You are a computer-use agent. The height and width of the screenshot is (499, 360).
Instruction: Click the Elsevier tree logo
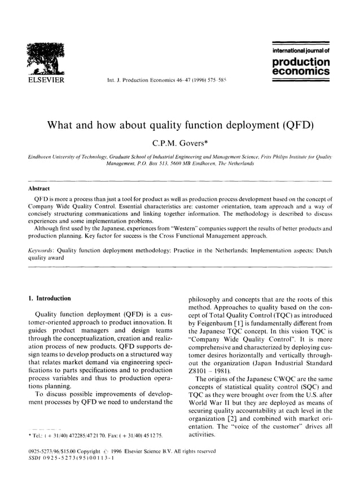(x=42, y=60)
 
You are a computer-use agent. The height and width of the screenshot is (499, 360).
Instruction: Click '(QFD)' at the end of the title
(x=293, y=125)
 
